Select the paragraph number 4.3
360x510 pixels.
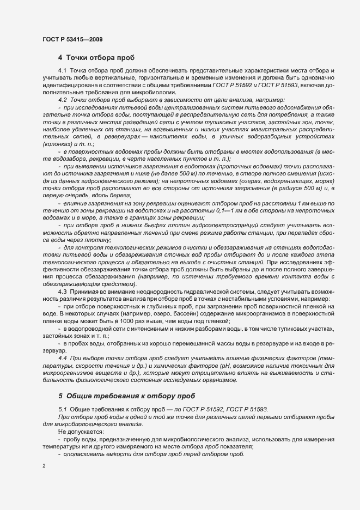[x=62, y=292]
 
